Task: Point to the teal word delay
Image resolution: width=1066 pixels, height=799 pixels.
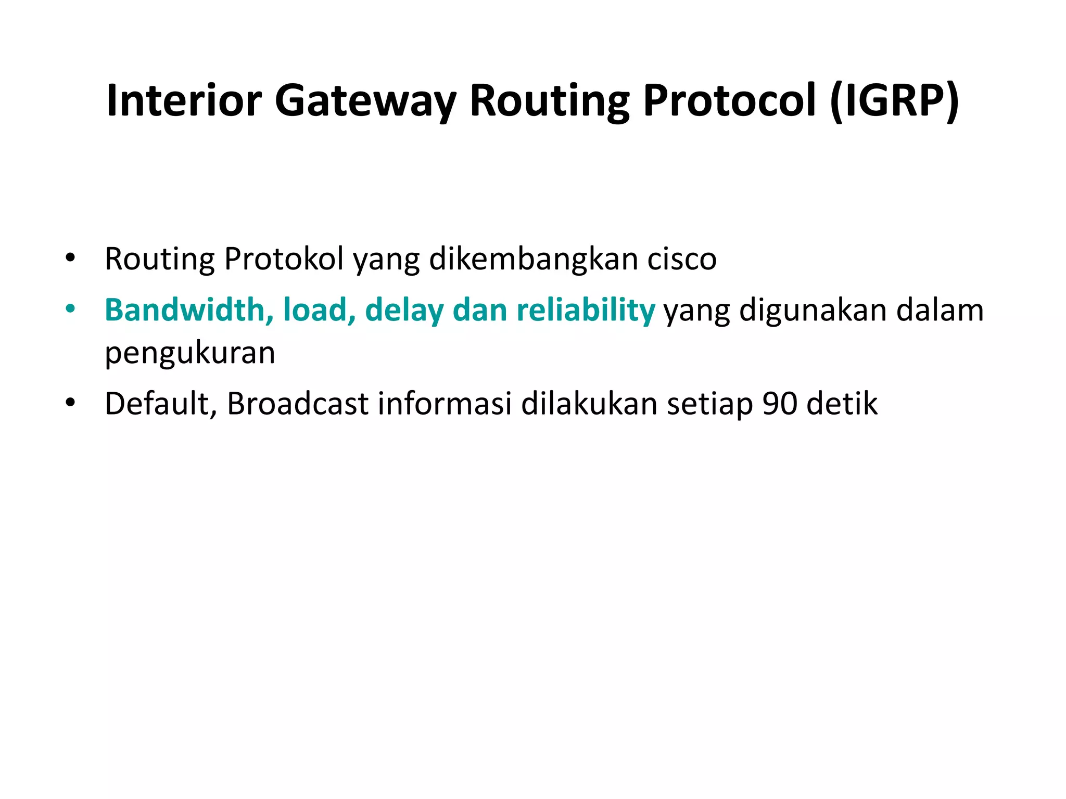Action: pos(404,311)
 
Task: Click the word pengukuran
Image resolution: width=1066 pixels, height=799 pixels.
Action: pos(190,354)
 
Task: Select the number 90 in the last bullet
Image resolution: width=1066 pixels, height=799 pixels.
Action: pos(780,404)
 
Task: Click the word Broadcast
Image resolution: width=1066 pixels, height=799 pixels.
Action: pos(298,404)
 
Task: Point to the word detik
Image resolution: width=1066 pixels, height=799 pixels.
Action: pos(842,404)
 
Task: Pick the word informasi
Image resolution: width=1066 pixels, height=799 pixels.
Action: pos(445,404)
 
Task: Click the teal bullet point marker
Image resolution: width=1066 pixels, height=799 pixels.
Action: pos(70,310)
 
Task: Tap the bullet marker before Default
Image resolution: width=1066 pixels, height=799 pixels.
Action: pos(70,403)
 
